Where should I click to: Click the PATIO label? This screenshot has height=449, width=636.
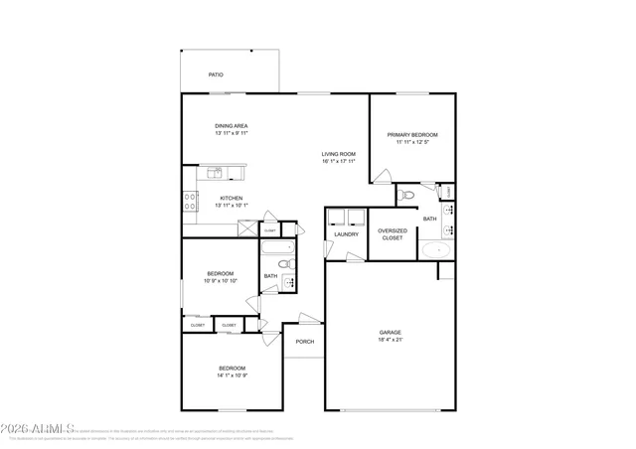[x=215, y=75]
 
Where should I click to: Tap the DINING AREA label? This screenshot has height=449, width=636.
[x=231, y=126]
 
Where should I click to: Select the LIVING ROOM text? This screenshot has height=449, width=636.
[x=338, y=154]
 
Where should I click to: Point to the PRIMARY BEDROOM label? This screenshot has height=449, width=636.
[x=412, y=135]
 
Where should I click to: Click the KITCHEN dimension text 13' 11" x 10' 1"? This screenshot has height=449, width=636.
[x=231, y=207]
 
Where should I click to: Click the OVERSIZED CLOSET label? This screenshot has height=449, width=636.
[x=392, y=235]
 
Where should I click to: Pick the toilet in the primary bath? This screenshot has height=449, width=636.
[x=403, y=197]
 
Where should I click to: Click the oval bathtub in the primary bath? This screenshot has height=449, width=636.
[x=434, y=249]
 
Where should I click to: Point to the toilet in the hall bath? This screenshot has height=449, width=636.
[x=283, y=264]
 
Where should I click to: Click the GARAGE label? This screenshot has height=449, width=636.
[x=390, y=332]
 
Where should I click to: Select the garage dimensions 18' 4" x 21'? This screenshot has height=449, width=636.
[x=390, y=340]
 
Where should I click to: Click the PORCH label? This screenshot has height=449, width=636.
[x=305, y=342]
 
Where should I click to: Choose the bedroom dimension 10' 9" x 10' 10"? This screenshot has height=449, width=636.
[x=220, y=281]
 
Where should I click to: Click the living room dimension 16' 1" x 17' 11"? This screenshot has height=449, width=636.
[x=338, y=162]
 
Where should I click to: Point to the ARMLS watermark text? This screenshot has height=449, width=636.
[x=36, y=429]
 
